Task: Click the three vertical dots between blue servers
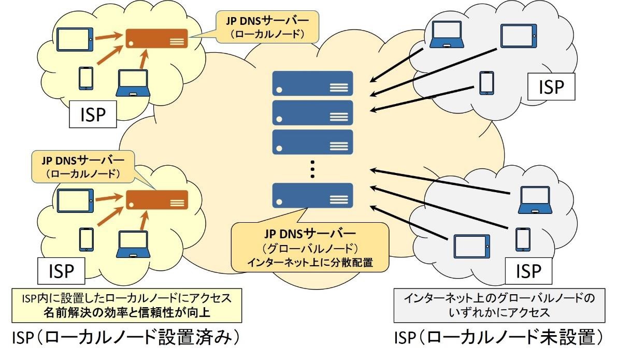click(312, 169)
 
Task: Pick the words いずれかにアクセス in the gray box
click(499, 312)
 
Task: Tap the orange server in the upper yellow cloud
click(157, 39)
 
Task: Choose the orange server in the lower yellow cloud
click(157, 200)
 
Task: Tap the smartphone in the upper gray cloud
click(486, 83)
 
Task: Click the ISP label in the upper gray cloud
click(551, 87)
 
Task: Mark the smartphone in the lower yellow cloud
click(86, 239)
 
